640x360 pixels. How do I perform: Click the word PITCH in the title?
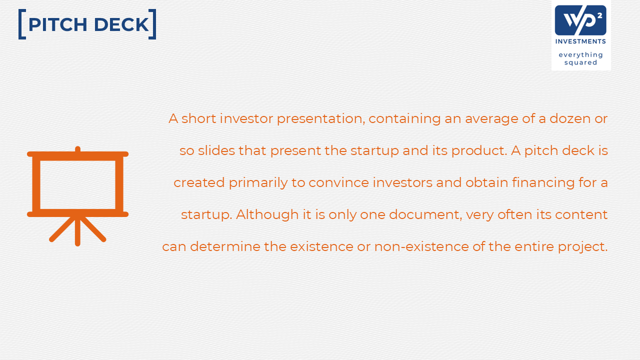(57, 24)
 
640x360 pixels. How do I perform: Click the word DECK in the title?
(121, 24)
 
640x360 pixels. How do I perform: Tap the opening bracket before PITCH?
(22, 24)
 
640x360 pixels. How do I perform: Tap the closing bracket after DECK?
(152, 24)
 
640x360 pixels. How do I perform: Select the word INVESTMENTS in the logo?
(580, 41)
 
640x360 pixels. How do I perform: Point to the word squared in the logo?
(580, 62)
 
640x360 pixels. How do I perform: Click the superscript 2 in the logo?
(599, 16)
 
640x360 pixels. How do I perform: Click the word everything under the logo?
(580, 55)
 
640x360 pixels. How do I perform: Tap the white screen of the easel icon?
(77, 185)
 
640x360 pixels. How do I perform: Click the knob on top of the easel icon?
(77, 149)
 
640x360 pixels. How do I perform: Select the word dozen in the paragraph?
(570, 118)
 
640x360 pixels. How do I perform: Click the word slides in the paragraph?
(216, 150)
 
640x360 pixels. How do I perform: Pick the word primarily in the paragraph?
(258, 183)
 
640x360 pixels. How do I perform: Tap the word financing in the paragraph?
(543, 183)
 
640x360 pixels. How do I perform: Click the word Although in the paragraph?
(267, 214)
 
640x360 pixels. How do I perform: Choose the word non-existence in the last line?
(421, 246)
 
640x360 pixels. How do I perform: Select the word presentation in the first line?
(321, 119)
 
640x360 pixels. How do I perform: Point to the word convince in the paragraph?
(338, 182)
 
